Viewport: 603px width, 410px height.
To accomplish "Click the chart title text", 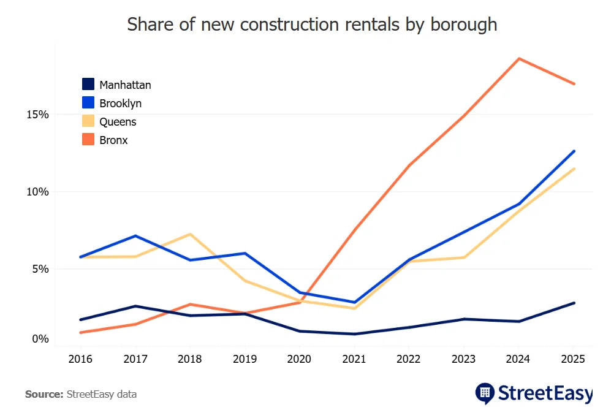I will pos(311,25).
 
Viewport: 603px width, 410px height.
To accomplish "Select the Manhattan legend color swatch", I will pos(88,85).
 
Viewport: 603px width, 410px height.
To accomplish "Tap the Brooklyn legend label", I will pos(120,104).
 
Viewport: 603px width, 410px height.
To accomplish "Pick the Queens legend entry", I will pos(118,122).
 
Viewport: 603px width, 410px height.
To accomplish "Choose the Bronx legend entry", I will pos(113,140).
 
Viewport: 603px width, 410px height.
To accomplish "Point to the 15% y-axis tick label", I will pos(37,115).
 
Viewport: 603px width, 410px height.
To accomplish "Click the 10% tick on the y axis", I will pos(37,192).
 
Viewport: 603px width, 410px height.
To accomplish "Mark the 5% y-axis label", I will pos(40,268).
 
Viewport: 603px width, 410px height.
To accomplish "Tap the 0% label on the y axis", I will pos(40,339).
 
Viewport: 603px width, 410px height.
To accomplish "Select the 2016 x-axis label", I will pos(80,359).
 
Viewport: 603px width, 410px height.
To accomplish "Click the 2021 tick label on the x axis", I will pos(355,359).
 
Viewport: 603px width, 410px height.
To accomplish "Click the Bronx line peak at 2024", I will pos(519,59).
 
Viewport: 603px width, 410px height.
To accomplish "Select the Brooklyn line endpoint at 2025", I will pos(574,151).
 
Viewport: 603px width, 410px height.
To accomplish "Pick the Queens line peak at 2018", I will pos(190,234).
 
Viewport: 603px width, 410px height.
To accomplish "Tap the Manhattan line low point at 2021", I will pos(355,334).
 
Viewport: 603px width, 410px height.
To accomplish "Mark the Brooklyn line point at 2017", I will pos(135,236).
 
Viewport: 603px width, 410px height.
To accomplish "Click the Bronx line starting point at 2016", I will pos(80,333).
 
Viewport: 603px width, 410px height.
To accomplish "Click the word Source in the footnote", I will pos(44,394).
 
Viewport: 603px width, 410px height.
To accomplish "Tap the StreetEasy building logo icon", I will pos(485,392).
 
